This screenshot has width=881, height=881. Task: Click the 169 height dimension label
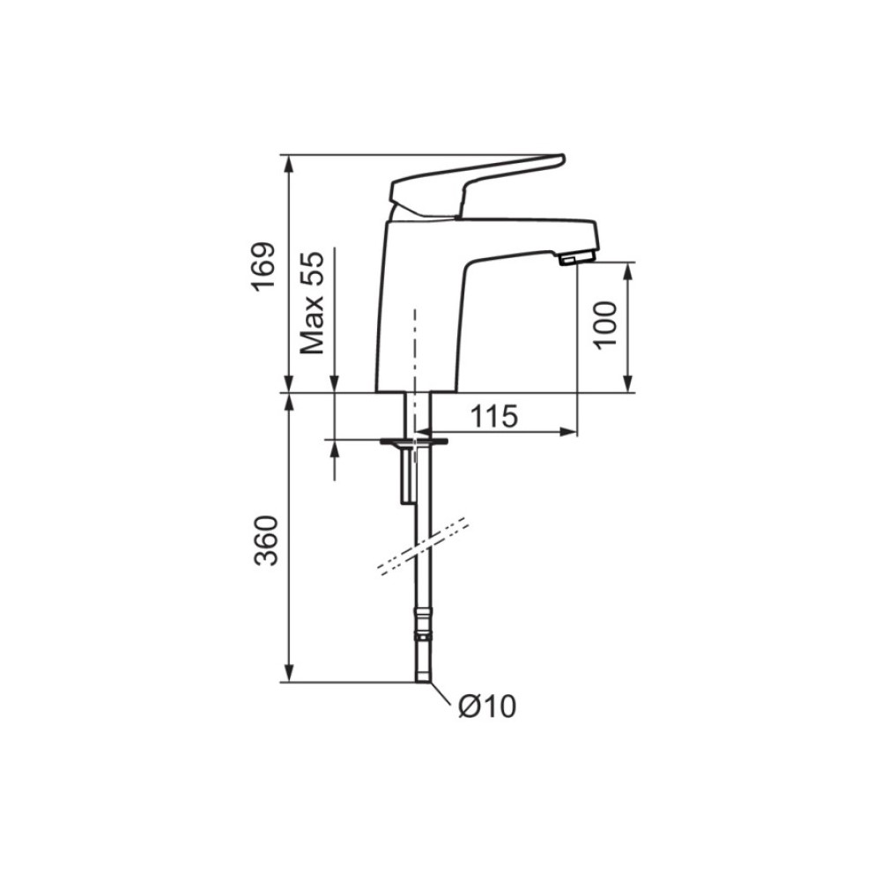(x=263, y=266)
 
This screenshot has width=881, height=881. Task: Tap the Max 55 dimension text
(x=312, y=302)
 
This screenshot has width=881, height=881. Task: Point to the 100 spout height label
(x=605, y=325)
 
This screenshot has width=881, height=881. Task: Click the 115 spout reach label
(x=494, y=417)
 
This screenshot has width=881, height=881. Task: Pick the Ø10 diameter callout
(x=486, y=707)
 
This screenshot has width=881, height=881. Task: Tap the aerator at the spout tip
(x=577, y=258)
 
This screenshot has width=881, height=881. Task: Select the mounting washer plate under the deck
(x=415, y=441)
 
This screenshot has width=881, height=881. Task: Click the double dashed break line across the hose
(x=423, y=546)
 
